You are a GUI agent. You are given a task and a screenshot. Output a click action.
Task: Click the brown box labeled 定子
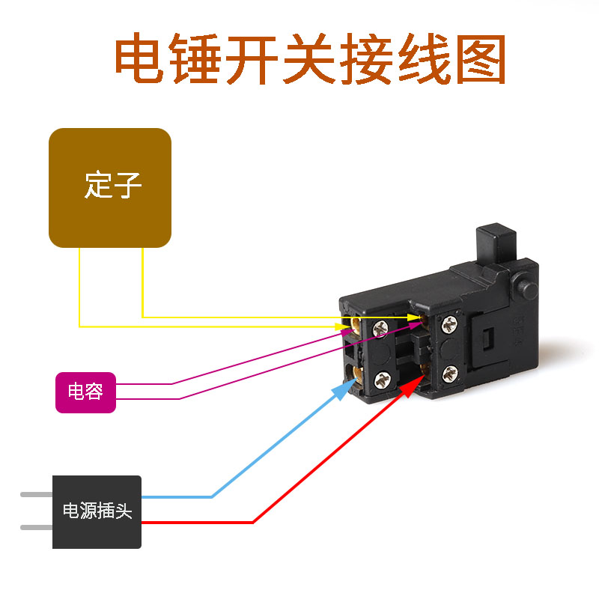(110, 187)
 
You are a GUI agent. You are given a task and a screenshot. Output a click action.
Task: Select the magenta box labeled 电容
(85, 392)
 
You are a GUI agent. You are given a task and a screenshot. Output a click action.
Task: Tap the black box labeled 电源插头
(97, 512)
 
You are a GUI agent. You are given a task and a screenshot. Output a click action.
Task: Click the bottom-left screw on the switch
(383, 380)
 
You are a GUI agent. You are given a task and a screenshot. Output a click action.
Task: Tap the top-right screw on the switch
(449, 323)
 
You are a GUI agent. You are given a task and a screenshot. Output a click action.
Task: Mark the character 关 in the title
(308, 60)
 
